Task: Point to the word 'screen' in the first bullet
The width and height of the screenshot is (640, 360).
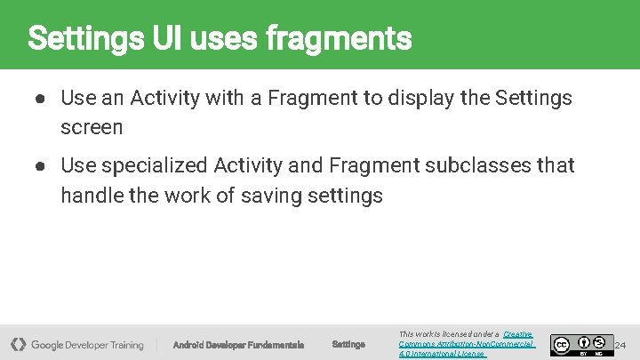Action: click(x=92, y=127)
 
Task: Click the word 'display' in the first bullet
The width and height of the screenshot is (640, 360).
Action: click(x=420, y=98)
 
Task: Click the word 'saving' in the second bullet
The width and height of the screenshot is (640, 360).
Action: click(x=277, y=195)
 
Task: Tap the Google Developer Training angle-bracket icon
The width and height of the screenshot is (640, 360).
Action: click(x=18, y=344)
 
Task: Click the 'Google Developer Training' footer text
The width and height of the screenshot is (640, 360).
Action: click(x=87, y=345)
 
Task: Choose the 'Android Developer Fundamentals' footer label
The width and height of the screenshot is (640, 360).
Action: click(x=238, y=345)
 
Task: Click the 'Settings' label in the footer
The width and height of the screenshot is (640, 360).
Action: click(x=348, y=345)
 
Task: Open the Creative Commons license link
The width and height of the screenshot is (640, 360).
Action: click(x=467, y=344)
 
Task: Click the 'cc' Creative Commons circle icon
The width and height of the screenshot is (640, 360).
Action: click(x=561, y=344)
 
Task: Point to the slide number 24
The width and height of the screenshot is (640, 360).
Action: click(x=620, y=345)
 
